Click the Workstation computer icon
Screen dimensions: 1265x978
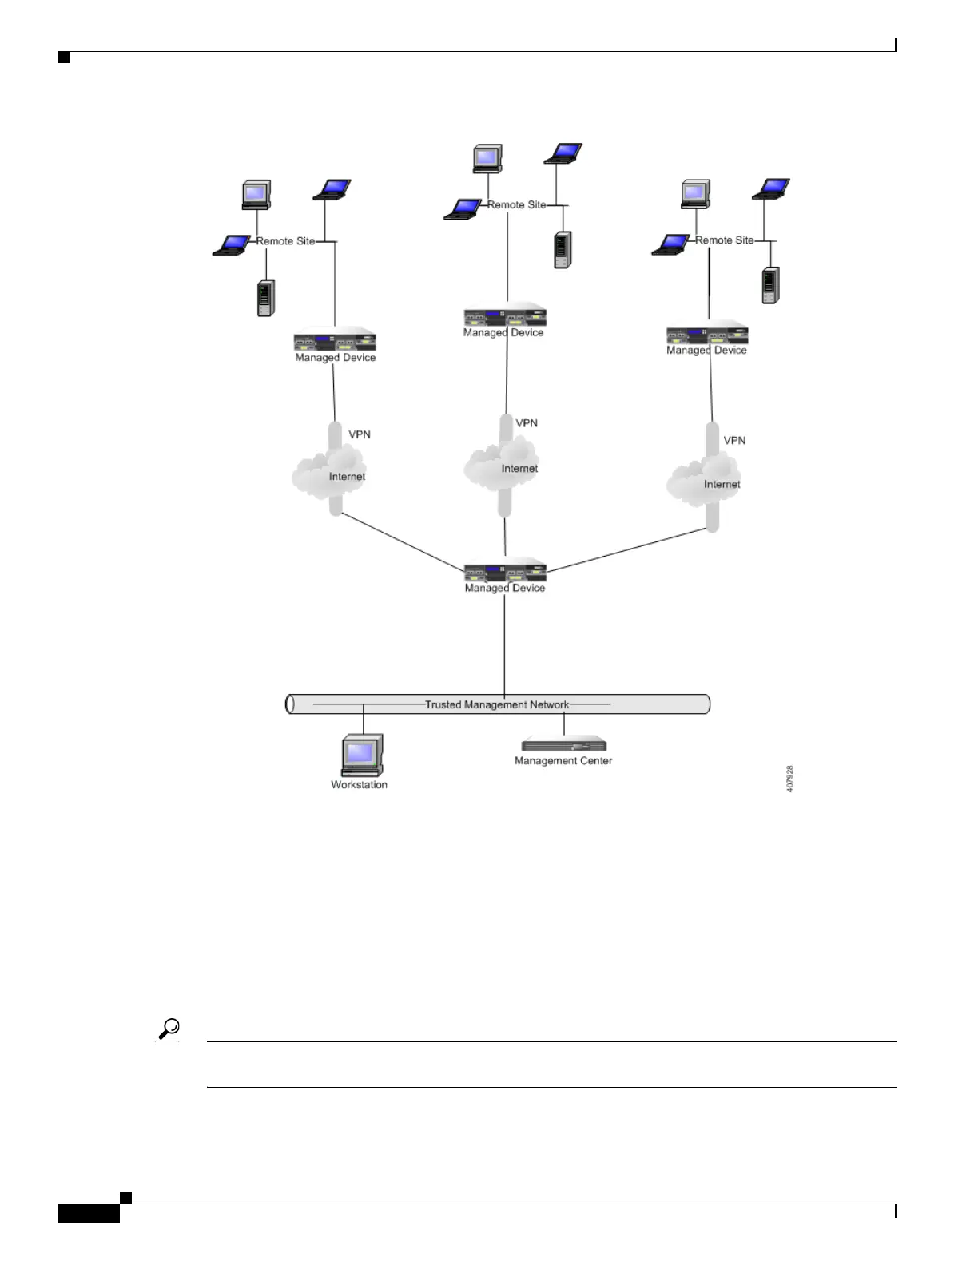click(x=361, y=755)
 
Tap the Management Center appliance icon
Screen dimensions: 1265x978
click(x=564, y=744)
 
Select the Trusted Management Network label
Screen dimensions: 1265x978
click(x=496, y=704)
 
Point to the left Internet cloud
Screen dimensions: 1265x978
click(x=329, y=471)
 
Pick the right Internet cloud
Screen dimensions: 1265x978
click(x=704, y=479)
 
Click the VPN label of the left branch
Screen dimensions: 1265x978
click(x=360, y=434)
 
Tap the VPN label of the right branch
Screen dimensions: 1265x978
click(x=734, y=440)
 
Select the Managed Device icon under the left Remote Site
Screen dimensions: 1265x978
click(x=335, y=341)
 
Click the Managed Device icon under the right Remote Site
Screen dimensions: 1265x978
click(x=707, y=334)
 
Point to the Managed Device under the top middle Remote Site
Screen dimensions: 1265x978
click(x=505, y=316)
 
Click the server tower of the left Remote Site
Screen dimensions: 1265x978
click(x=266, y=298)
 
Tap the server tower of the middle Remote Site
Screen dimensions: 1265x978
click(x=563, y=250)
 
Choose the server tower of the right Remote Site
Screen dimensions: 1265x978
click(x=770, y=285)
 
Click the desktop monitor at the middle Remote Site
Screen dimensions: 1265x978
click(x=487, y=158)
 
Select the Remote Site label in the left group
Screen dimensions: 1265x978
click(x=285, y=241)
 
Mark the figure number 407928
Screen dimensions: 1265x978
click(x=790, y=779)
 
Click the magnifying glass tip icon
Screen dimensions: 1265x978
click(x=169, y=1029)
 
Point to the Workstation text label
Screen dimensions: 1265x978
click(x=359, y=785)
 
